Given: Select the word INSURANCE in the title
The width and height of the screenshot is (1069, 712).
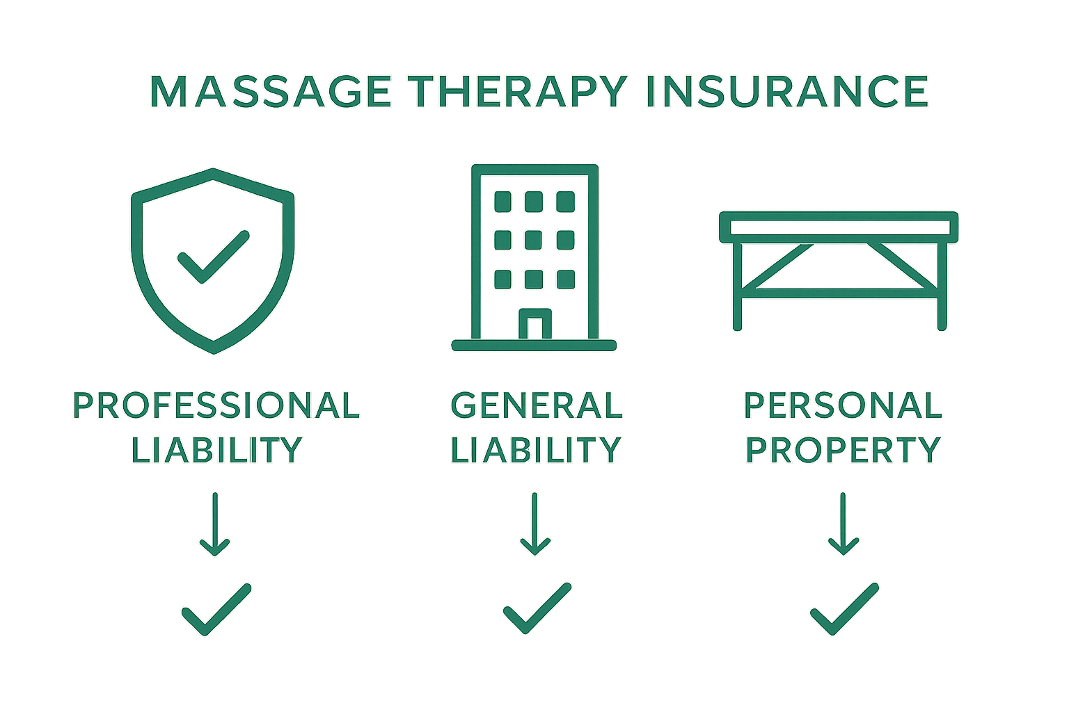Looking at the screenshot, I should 787,91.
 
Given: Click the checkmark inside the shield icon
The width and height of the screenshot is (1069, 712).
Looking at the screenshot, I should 212,257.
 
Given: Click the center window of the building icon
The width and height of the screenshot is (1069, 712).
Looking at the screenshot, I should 534,241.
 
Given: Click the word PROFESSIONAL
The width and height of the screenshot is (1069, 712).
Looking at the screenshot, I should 216,405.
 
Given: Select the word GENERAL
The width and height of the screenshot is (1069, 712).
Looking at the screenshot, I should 536,405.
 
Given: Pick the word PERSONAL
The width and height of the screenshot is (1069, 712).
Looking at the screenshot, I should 843,405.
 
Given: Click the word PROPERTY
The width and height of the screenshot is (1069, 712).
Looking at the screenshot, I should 843,450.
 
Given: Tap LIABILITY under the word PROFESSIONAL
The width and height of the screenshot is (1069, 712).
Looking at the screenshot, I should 216,450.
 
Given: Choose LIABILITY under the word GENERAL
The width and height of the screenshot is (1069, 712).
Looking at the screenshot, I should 536,450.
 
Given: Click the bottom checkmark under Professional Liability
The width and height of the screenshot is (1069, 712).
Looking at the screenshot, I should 216,610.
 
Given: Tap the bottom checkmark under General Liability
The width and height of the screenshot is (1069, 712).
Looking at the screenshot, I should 537,608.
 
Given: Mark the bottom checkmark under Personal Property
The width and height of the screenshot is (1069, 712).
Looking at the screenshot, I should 844,608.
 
